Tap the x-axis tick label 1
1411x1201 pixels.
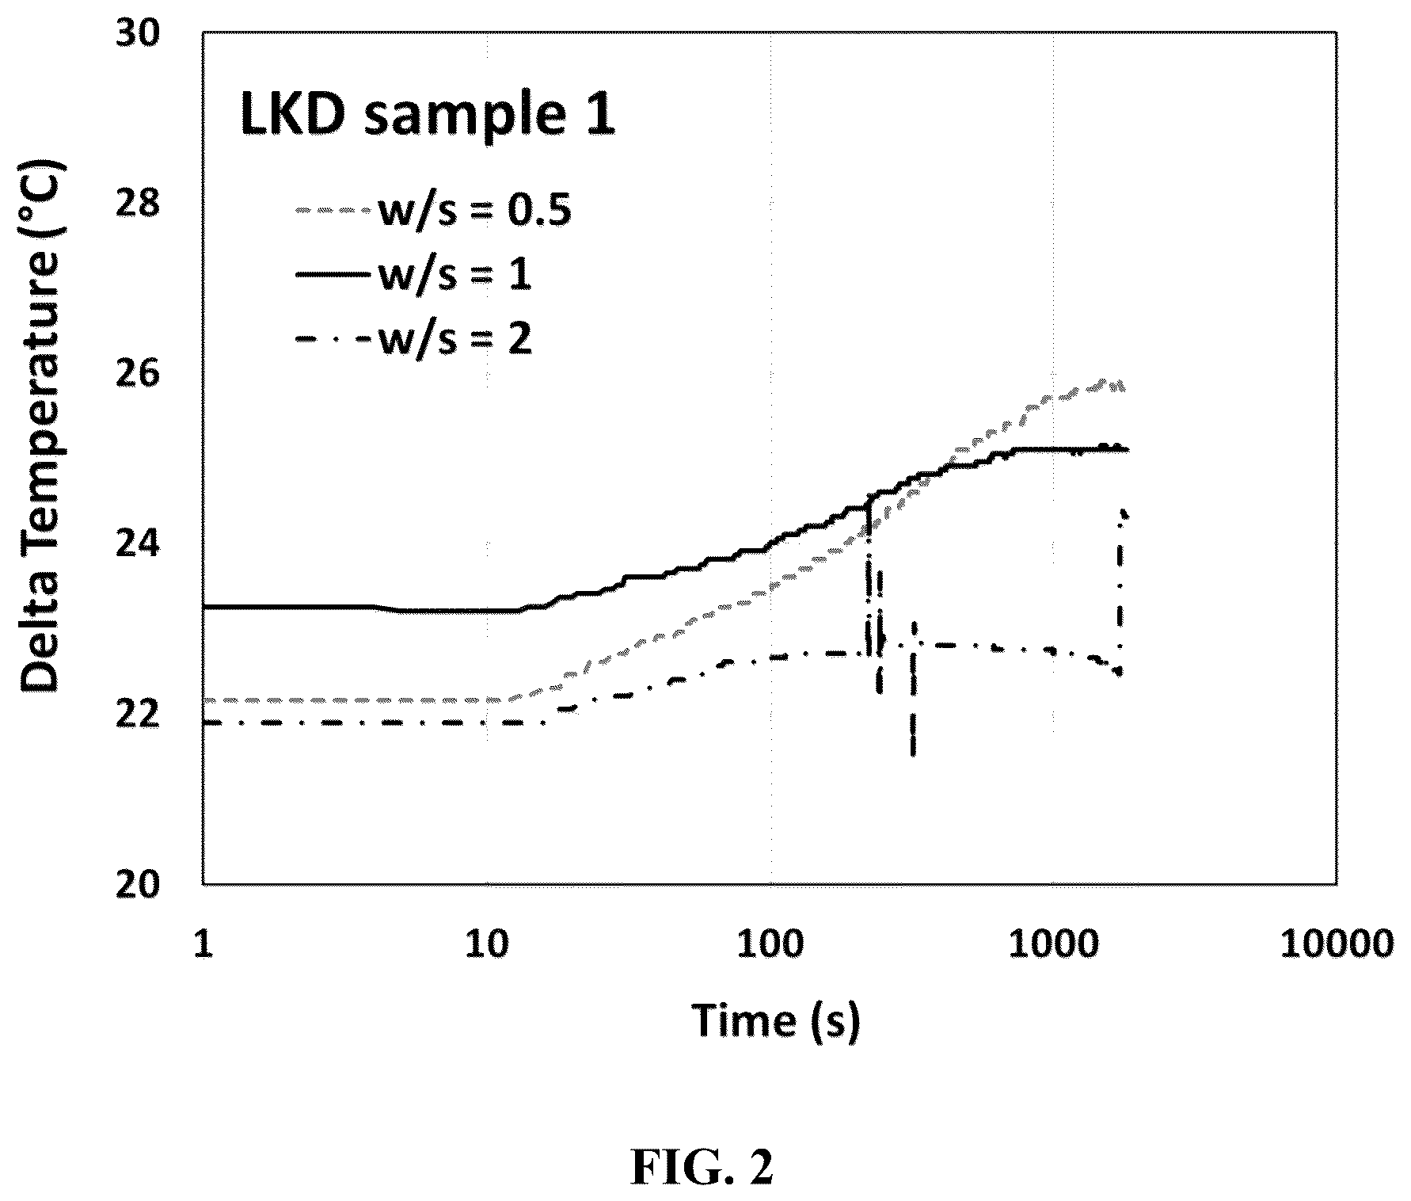click(204, 944)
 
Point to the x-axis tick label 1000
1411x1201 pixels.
click(1054, 944)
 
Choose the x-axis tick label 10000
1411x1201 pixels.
click(1338, 944)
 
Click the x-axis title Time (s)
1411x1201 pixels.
click(776, 1020)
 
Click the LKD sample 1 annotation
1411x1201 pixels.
click(427, 116)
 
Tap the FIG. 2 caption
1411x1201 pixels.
click(702, 1165)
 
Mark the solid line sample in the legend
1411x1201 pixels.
click(333, 275)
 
